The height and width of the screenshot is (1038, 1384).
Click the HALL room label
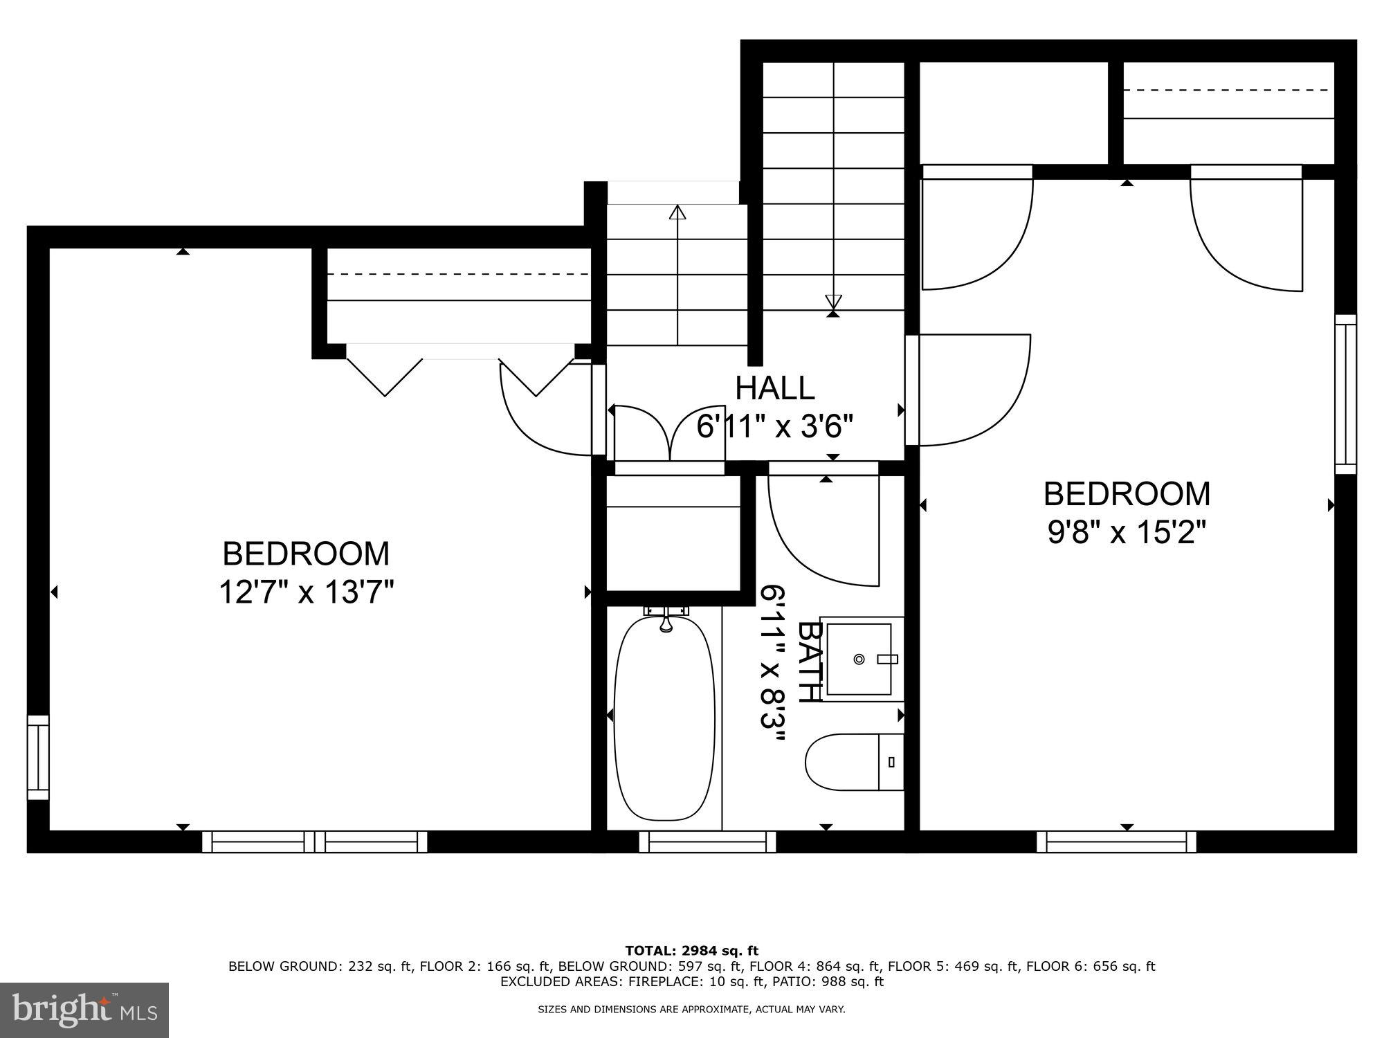(774, 388)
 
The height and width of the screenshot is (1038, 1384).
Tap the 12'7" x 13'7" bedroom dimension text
(307, 592)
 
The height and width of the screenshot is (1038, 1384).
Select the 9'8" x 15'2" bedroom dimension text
(1127, 533)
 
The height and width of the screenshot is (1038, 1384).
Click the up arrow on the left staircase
(677, 212)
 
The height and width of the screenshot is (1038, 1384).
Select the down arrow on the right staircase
(833, 302)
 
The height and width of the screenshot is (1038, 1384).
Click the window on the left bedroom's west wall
(38, 758)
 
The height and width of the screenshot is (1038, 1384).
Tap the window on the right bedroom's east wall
(1345, 394)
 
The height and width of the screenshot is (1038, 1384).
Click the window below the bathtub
(707, 841)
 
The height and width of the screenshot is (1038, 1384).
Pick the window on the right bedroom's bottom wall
(1116, 841)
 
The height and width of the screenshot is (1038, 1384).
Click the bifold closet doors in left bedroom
(460, 374)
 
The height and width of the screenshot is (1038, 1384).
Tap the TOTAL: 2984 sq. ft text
(691, 951)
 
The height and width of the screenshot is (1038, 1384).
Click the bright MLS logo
(84, 1010)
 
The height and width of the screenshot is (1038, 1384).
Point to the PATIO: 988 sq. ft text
(831, 981)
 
